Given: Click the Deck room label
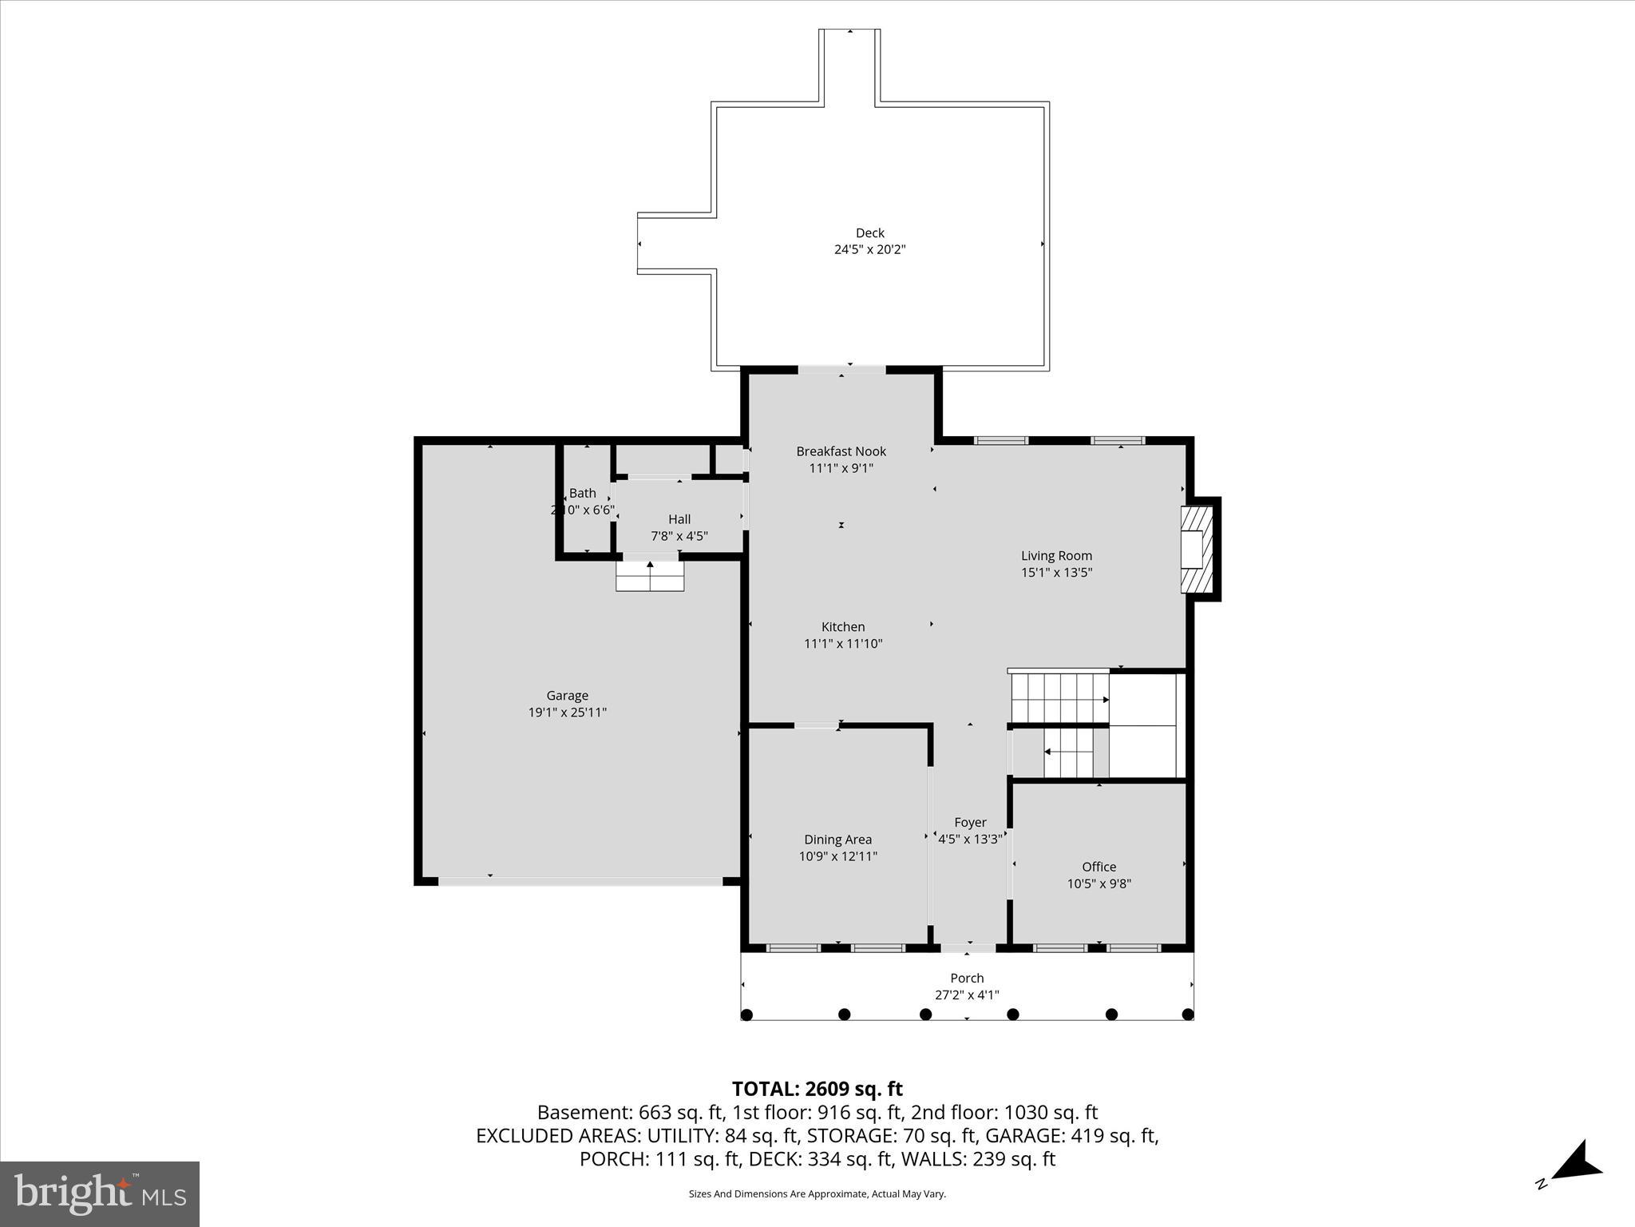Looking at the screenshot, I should [x=869, y=232].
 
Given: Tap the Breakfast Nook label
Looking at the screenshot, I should [x=841, y=451].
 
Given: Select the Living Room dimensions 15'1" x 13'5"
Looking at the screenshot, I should [x=1056, y=572].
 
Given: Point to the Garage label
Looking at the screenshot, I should [x=567, y=696].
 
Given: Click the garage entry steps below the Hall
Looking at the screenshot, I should [x=650, y=576].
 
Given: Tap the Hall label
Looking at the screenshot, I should [x=679, y=519].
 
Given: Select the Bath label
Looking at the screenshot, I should [x=582, y=493].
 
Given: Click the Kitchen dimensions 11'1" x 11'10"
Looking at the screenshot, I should [x=843, y=644].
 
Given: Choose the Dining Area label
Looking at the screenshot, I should [x=837, y=840].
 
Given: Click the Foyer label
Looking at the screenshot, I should [x=970, y=822].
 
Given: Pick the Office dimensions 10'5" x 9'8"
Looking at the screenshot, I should [x=1099, y=884].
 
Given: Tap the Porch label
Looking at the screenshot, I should [x=967, y=978].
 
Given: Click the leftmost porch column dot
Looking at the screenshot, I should [x=746, y=1015].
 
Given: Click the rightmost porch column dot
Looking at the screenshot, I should [x=1187, y=1015].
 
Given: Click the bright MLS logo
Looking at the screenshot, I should [x=100, y=1193].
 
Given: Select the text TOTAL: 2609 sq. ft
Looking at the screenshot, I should [x=817, y=1089].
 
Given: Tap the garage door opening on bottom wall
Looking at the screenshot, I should [x=580, y=881].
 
